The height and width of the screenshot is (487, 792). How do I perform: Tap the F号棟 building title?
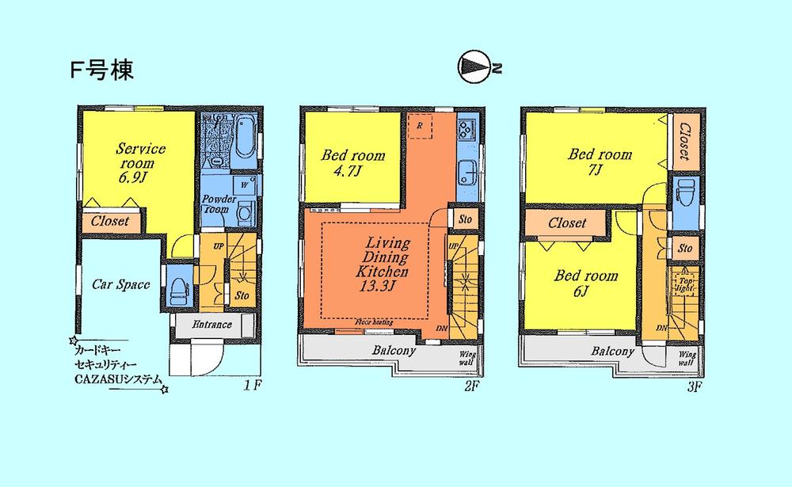tap(101, 69)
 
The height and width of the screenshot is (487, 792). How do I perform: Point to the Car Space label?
tap(121, 284)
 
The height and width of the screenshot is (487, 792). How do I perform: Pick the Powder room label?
tap(215, 204)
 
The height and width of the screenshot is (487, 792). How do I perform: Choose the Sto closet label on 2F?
tap(466, 219)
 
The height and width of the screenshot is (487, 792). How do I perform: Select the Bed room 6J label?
tap(585, 283)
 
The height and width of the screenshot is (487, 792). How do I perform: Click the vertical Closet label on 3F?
tap(685, 142)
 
